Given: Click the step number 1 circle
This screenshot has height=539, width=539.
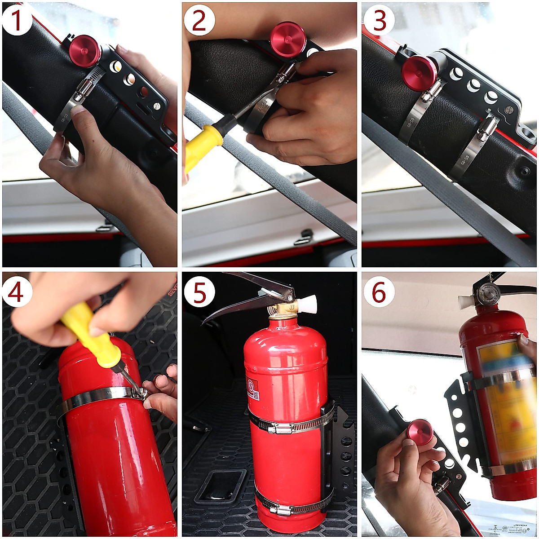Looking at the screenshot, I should [x=17, y=20].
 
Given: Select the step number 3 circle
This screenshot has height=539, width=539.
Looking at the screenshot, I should [x=379, y=20].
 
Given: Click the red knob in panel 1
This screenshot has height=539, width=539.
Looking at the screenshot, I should [x=85, y=51].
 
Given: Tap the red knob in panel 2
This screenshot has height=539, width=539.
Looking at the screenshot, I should [x=288, y=40].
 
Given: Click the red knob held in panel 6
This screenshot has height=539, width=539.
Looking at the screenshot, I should [x=420, y=432].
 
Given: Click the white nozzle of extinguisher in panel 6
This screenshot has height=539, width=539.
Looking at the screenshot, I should [x=466, y=301].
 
